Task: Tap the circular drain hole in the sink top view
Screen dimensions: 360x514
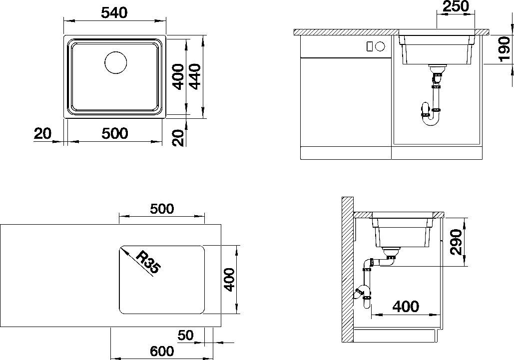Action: point(116,63)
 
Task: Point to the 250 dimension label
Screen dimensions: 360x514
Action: point(456,6)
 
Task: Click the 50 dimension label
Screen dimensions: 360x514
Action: point(185,335)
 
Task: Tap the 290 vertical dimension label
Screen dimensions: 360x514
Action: point(455,242)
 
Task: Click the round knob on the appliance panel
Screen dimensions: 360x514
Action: point(379,46)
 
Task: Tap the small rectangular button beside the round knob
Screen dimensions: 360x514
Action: point(369,46)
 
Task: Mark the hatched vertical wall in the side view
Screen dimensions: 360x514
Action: point(347,270)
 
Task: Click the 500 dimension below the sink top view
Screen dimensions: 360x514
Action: point(114,133)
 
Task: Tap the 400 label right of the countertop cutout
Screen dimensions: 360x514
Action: point(229,280)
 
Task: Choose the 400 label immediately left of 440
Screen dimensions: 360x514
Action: point(178,76)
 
